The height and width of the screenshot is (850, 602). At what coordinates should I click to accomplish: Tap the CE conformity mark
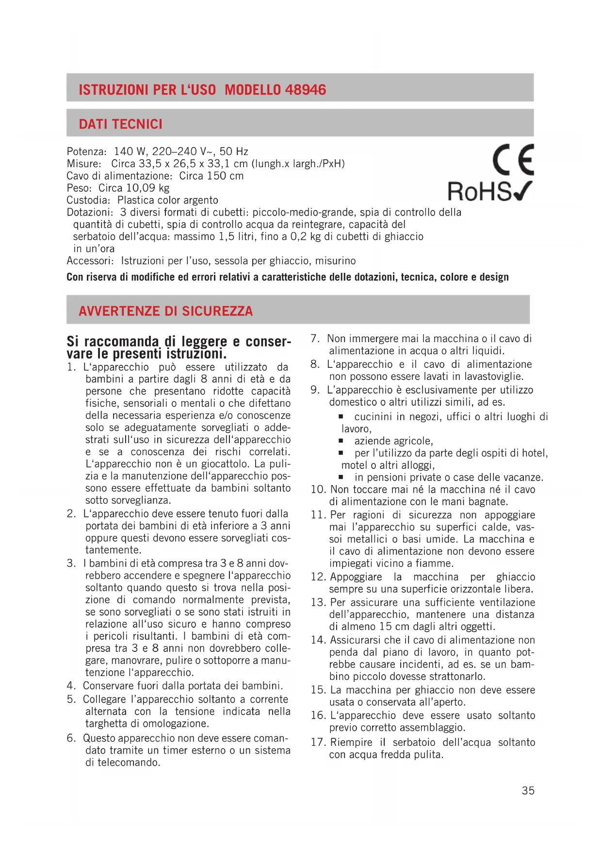513,159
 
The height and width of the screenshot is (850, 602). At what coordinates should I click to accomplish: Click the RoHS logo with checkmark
489,191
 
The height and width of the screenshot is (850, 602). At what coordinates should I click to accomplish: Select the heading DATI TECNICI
120,124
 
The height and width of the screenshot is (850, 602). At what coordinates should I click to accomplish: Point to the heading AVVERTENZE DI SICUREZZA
165,311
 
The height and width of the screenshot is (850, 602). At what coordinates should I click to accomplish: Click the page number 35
528,790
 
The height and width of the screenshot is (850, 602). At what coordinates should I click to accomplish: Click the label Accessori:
90,261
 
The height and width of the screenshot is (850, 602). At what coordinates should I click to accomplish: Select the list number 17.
318,742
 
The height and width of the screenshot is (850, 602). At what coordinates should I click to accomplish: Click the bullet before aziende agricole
341,441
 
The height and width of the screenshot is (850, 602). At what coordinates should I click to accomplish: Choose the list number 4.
71,686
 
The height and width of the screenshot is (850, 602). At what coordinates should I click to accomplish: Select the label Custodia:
89,200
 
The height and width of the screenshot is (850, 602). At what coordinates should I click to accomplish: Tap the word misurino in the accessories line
335,261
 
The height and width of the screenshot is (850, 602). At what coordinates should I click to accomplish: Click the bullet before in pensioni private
341,477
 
